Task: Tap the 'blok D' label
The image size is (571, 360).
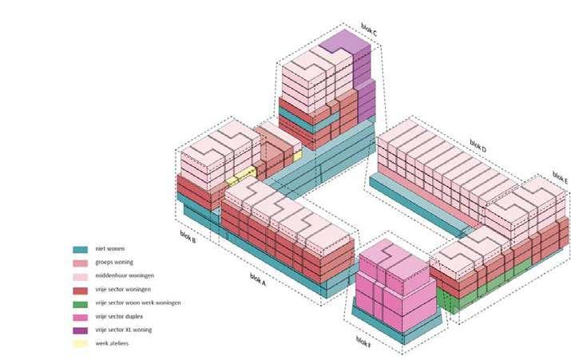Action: [478, 145]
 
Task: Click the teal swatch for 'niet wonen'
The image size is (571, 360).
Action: [79, 249]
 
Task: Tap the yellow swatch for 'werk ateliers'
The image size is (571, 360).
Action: [79, 343]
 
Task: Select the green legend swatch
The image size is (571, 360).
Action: [79, 303]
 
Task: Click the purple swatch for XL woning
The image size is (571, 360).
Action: [79, 330]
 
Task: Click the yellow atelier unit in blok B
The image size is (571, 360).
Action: [246, 175]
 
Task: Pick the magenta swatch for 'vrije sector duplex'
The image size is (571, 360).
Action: [79, 316]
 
